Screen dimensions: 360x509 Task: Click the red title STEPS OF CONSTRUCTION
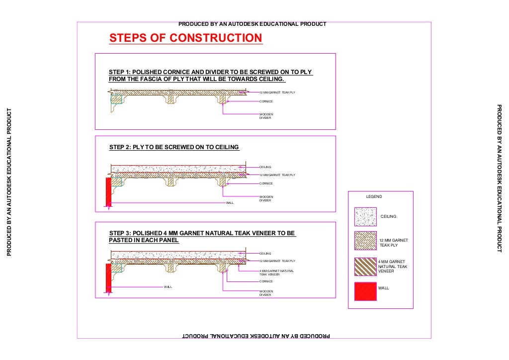(x=185, y=38)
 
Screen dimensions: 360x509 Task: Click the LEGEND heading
(x=374, y=197)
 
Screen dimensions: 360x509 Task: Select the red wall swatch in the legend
(x=365, y=291)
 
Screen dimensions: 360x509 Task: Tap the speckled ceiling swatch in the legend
(x=365, y=217)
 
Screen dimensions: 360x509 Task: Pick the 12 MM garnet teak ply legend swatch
(x=365, y=241)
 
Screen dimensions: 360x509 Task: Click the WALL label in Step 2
(x=230, y=203)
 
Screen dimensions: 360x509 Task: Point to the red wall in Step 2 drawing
(x=108, y=191)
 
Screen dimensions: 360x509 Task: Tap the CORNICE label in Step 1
(x=266, y=101)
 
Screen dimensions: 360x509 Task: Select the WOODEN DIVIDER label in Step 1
(x=266, y=116)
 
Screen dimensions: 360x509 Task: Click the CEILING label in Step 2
(x=265, y=167)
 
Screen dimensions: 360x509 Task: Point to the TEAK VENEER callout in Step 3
(x=276, y=272)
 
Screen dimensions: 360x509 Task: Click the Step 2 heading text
(x=174, y=147)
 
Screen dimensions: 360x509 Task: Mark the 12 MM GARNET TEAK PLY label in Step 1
(x=277, y=92)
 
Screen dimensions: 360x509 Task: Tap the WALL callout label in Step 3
(x=168, y=287)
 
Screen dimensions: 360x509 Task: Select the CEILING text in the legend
(x=388, y=217)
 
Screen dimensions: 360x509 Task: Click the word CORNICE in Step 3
(x=266, y=281)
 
